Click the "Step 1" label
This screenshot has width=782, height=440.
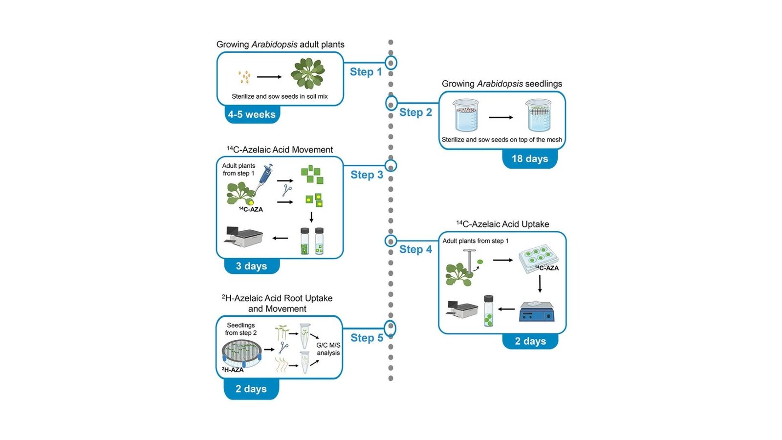(x=366, y=72)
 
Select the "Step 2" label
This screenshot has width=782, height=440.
(x=415, y=112)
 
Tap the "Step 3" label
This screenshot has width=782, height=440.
(x=367, y=175)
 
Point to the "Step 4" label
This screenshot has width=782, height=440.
(x=415, y=249)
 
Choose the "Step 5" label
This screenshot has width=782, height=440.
(x=367, y=338)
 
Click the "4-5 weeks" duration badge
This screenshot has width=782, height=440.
(x=251, y=114)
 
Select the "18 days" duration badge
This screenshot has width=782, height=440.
(x=530, y=158)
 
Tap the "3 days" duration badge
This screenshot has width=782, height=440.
(x=251, y=266)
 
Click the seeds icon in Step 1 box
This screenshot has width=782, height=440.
(x=244, y=77)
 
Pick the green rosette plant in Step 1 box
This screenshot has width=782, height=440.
(x=307, y=73)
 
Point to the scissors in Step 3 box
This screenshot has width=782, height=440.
(x=287, y=191)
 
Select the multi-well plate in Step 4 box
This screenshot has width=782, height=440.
(x=538, y=258)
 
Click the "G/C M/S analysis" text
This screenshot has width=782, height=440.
(x=328, y=349)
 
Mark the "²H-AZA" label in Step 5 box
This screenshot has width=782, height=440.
(x=233, y=370)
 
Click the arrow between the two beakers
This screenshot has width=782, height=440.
(x=501, y=117)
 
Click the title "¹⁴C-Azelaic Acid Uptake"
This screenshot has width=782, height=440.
(x=502, y=224)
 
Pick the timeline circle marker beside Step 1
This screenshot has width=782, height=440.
(x=391, y=63)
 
